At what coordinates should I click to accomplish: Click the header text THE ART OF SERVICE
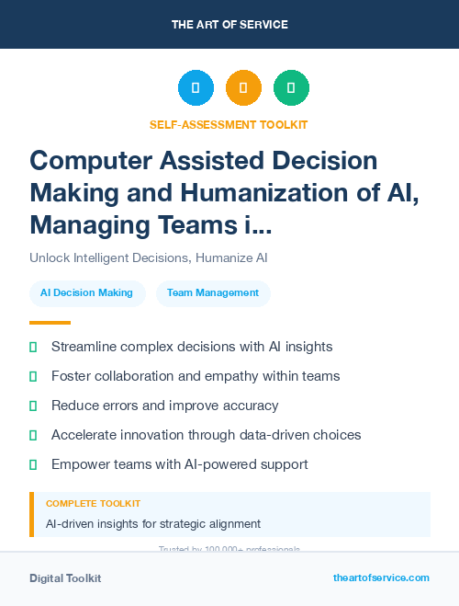click(229, 24)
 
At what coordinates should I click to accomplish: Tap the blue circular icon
click(196, 88)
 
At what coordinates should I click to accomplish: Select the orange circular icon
click(243, 88)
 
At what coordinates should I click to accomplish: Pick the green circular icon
click(291, 88)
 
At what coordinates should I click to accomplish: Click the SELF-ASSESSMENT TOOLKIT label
click(229, 124)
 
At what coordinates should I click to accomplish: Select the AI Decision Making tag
click(87, 292)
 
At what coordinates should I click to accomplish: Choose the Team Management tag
click(213, 292)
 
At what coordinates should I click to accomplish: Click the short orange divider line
click(50, 323)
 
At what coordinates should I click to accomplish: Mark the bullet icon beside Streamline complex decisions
click(33, 347)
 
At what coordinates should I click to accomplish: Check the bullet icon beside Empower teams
click(33, 464)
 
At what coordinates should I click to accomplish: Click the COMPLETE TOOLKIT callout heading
click(93, 504)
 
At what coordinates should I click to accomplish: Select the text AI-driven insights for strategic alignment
click(153, 524)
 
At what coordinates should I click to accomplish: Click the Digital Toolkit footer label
click(65, 578)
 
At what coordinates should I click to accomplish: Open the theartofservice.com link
click(381, 577)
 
